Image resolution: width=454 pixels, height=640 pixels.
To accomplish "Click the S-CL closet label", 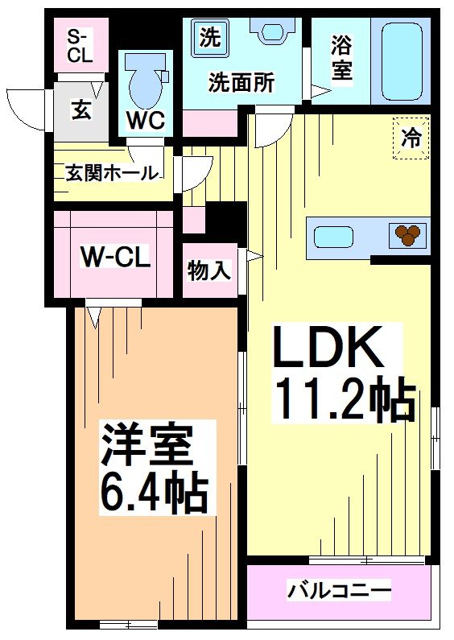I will pos(79,46).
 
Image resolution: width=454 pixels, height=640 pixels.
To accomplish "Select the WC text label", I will pos(145,121).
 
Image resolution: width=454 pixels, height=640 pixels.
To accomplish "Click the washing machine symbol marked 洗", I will pos(209,37).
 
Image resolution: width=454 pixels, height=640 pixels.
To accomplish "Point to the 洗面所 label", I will pos(241,82).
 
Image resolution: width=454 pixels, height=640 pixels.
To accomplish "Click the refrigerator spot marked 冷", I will pos(411,138).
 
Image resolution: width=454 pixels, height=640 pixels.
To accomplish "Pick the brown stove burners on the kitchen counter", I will pos(408,234).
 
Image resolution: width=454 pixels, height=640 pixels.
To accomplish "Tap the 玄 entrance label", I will pos(81,109).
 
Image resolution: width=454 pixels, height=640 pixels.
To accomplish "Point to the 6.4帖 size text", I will pos(153,493).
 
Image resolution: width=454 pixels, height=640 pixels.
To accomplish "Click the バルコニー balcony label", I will pos(340,592).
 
